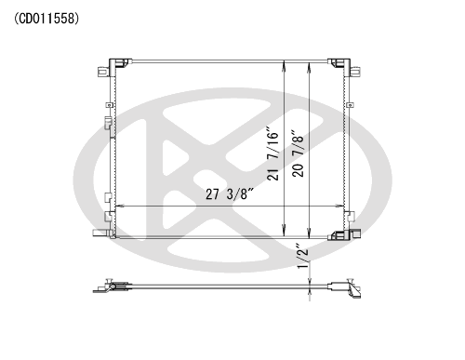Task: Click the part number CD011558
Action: (x=46, y=19)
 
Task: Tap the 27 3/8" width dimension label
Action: (x=230, y=194)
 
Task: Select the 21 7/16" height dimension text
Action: (x=273, y=153)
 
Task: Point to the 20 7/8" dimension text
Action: (x=298, y=153)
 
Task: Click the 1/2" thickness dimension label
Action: (x=303, y=256)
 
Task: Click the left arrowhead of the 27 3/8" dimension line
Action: (x=119, y=206)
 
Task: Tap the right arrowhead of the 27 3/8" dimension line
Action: (x=339, y=206)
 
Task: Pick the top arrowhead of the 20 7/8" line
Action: (x=309, y=68)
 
